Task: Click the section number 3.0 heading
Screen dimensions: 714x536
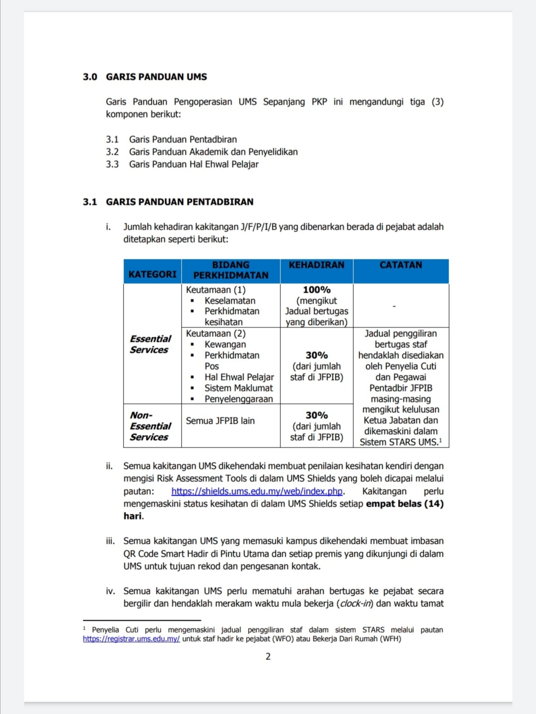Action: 90,77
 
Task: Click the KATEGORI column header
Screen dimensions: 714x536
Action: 152,274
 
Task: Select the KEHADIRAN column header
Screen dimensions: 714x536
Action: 317,265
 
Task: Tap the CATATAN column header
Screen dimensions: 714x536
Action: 401,265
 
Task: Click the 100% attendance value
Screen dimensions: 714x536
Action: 317,290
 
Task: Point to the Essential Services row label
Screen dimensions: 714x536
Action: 150,344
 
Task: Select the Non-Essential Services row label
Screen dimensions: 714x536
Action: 150,426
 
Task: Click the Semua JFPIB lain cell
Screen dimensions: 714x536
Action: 220,421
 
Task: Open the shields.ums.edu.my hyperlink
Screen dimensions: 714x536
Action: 257,491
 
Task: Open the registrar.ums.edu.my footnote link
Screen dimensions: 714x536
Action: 131,639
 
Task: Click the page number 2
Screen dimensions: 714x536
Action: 268,656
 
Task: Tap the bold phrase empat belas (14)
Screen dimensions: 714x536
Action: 404,504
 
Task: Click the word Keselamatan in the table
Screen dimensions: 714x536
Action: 230,301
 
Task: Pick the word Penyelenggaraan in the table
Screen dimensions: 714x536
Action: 238,399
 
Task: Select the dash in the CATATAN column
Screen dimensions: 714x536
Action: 394,306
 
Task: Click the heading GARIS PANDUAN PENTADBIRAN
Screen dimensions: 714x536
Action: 179,202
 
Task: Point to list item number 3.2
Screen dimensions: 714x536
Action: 112,152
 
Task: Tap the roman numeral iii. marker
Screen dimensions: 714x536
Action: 110,541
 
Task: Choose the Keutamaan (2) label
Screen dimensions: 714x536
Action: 215,333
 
